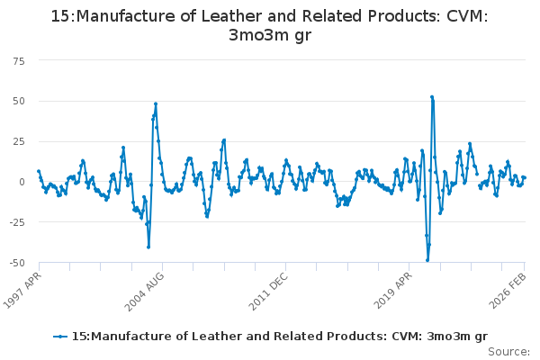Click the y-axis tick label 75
coord(19,59)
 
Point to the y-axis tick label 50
coord(19,100)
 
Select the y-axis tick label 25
coord(19,140)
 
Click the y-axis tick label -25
coord(17,222)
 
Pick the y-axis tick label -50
coord(17,263)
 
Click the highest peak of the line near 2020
coord(432,96)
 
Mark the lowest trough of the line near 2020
coord(427,260)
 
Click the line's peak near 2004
coord(156,103)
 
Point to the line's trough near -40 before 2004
coord(148,247)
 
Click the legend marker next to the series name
coord(60,337)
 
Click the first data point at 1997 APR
coord(39,171)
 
